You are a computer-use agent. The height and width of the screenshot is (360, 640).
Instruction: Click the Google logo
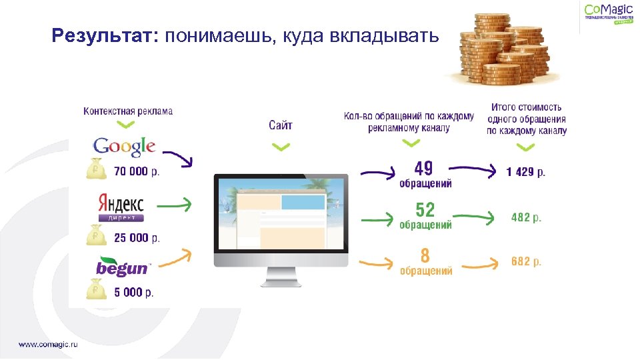(124, 146)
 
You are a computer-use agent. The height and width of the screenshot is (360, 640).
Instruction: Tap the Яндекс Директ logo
(121, 207)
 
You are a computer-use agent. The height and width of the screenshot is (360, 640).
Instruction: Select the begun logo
(123, 267)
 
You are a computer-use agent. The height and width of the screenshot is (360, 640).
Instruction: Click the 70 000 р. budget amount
(137, 171)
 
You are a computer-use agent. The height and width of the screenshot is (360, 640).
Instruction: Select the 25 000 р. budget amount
(137, 237)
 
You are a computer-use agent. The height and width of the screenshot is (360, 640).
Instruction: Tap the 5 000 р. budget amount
(133, 292)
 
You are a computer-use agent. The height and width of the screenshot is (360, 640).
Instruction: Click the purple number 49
(424, 168)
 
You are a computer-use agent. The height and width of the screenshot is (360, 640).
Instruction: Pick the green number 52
(425, 210)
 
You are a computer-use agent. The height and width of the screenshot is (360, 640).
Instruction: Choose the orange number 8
(425, 255)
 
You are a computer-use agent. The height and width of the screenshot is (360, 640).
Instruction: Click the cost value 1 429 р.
(525, 172)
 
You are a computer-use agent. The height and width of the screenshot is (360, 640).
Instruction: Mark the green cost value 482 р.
(526, 217)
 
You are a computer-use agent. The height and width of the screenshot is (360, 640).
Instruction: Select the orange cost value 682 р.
(526, 262)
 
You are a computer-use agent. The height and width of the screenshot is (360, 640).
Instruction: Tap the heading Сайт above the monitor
(281, 125)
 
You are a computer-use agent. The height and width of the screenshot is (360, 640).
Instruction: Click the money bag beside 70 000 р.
(97, 169)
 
